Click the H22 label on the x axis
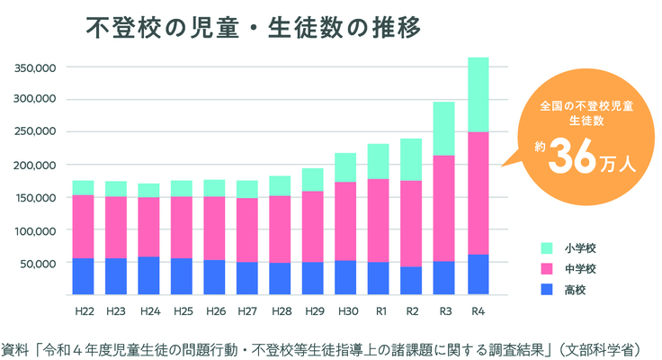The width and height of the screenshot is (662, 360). (x=84, y=312)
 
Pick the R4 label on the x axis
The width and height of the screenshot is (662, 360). (x=479, y=312)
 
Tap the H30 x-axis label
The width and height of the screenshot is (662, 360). (x=346, y=312)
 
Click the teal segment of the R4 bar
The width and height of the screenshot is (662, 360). (x=479, y=94)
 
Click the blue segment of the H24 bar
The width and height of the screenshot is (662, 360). (x=149, y=275)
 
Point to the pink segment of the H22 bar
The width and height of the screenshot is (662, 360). (x=84, y=226)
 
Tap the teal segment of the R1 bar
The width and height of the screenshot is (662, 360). (x=379, y=161)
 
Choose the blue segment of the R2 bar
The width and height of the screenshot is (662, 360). (x=412, y=280)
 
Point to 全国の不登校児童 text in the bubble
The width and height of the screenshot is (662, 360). (x=579, y=105)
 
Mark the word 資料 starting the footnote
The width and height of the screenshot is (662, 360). (x=14, y=346)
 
